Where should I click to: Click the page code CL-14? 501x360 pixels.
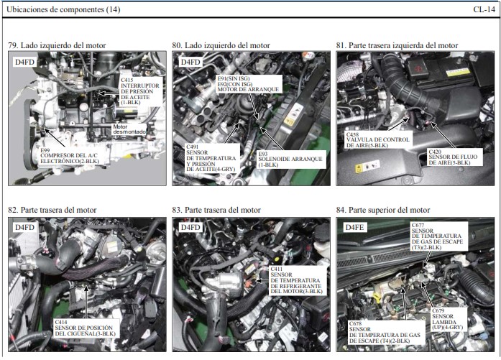484,9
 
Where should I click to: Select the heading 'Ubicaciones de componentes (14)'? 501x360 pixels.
63,9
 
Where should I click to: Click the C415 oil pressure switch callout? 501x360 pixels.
140,91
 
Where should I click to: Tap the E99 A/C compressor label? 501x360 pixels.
69,156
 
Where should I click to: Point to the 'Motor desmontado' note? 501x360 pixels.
129,129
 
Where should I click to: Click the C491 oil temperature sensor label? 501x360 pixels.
211,158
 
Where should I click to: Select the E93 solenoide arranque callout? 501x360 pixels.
291,159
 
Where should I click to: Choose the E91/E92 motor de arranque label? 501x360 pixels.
249,84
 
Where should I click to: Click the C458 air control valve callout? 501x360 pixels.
378,140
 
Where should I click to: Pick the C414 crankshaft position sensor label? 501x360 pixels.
85,328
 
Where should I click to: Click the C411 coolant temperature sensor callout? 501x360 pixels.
297,280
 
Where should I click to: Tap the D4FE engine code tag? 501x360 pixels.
355,228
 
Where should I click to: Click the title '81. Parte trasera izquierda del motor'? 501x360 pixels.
397,45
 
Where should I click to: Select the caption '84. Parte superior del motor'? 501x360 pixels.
383,210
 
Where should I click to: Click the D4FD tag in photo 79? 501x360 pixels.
24,62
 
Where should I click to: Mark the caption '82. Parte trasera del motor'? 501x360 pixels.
52,210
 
